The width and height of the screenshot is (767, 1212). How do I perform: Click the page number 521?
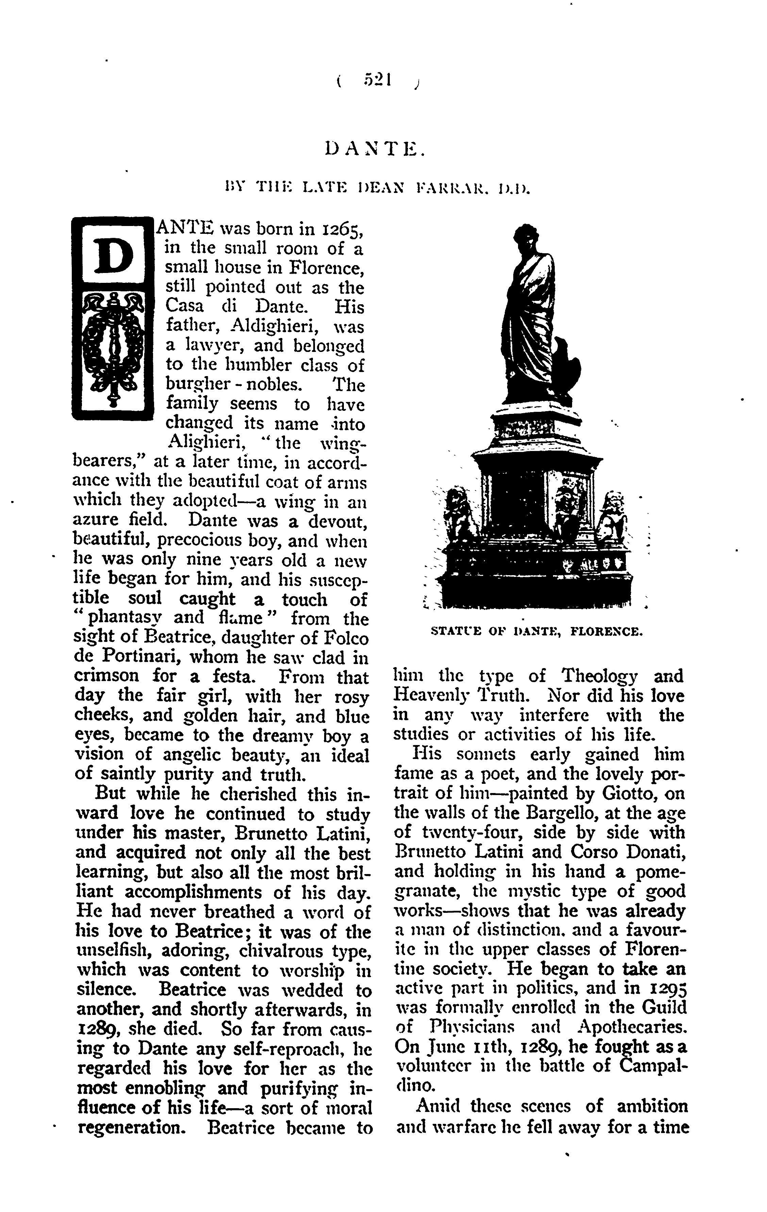(x=378, y=81)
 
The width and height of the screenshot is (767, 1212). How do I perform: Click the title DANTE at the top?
(x=375, y=149)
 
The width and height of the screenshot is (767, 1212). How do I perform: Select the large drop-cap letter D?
(x=113, y=256)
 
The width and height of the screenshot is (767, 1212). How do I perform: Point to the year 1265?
(x=341, y=229)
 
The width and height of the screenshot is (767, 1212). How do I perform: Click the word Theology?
(x=600, y=676)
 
